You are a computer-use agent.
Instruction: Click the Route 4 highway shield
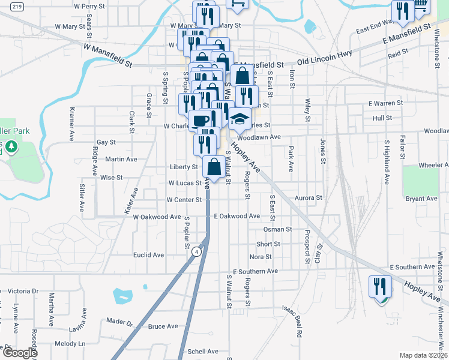[196, 252]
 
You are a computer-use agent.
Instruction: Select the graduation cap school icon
[239, 119]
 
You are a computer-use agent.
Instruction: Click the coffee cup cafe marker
[200, 120]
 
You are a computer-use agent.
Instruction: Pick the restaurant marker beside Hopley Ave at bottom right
[379, 287]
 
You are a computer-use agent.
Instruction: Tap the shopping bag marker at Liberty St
[214, 167]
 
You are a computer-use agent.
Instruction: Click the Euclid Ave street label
[149, 255]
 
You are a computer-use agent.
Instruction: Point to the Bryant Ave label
[421, 199]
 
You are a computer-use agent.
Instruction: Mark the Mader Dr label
[119, 322]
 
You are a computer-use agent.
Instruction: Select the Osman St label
[277, 229]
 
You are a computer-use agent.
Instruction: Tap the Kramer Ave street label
[71, 124]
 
